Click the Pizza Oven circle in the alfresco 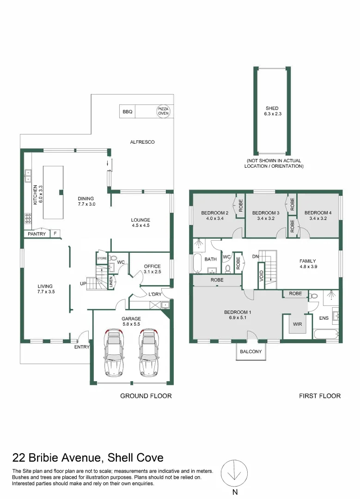tap(163, 111)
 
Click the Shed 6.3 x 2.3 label tap(272, 111)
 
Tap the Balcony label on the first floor tap(251, 352)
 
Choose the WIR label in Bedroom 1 tap(297, 324)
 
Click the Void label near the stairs tap(262, 276)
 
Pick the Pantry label tap(37, 234)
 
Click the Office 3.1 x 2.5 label tap(152, 269)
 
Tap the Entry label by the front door tap(81, 347)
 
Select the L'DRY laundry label tap(154, 294)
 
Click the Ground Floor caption tap(146, 396)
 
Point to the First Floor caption tap(320, 396)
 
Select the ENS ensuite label tap(323, 318)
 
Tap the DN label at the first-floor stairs tap(255, 256)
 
